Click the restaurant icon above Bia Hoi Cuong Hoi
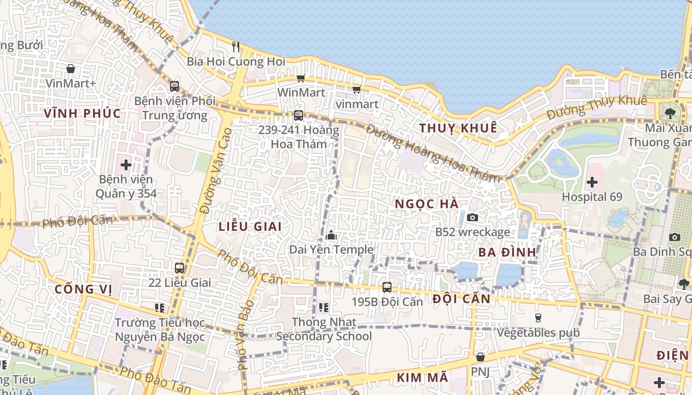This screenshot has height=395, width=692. [236, 47]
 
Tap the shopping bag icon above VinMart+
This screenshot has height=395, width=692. [71, 69]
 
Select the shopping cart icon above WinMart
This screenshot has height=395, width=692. [301, 78]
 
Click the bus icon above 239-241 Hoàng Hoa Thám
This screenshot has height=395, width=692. [298, 116]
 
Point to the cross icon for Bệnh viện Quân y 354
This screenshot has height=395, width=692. [126, 164]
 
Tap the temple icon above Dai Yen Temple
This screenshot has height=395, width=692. [331, 236]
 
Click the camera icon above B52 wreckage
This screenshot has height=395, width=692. [472, 217]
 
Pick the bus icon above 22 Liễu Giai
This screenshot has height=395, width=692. [179, 268]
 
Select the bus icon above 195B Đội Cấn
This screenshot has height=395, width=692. [387, 287]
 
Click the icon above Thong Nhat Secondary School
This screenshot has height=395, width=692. [324, 308]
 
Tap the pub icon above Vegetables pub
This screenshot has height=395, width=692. [538, 317]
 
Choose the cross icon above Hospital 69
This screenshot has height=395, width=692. [592, 182]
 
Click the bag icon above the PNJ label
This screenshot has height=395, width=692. [479, 356]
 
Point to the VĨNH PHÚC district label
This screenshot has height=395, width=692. [82, 114]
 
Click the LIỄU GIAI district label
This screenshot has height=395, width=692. [250, 227]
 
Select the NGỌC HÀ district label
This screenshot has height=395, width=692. [427, 204]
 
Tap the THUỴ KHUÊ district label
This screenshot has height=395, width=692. [458, 128]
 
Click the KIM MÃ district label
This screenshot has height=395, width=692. [422, 378]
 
